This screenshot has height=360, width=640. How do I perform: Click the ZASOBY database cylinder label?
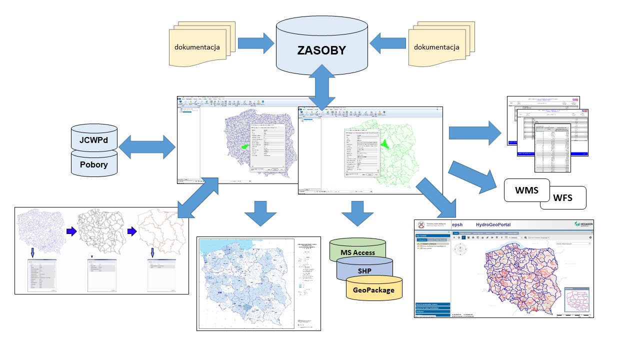click(322, 51)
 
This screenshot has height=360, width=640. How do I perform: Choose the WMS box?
click(526, 190)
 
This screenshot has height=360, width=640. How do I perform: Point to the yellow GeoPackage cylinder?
click(374, 290)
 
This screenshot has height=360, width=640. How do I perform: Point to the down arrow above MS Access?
click(357, 214)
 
